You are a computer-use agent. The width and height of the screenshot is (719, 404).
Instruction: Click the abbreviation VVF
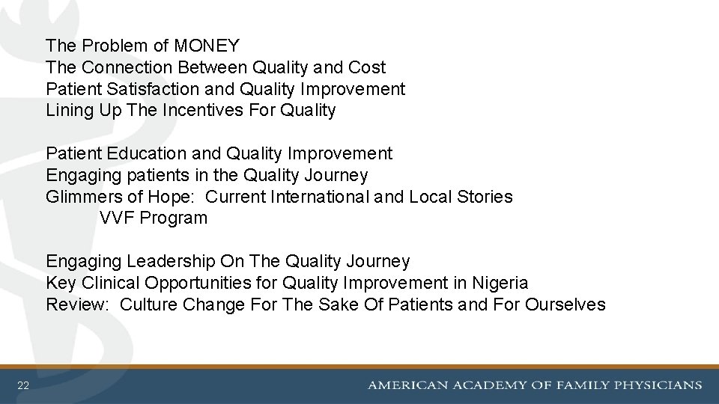(116, 218)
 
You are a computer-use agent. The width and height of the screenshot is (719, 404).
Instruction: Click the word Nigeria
(500, 283)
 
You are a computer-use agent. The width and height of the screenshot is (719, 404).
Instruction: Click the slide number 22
(23, 386)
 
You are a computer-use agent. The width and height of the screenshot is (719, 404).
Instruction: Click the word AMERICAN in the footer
(405, 386)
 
